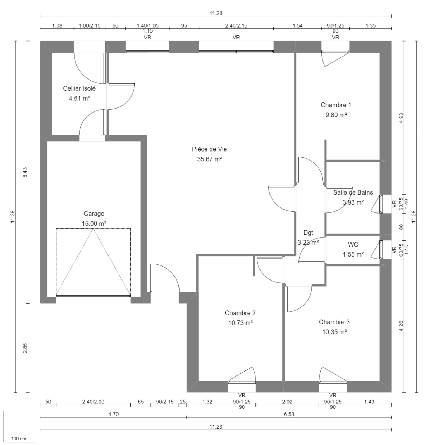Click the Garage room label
[94, 214]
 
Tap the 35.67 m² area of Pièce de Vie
[210, 159]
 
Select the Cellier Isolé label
[79, 88]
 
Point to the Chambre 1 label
[336, 105]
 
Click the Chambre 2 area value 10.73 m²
[240, 323]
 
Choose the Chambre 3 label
[334, 322]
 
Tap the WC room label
[353, 245]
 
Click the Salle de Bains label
[353, 192]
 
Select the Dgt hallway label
[308, 233]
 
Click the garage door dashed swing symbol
[93, 262]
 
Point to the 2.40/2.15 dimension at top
[236, 26]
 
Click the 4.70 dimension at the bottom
[113, 414]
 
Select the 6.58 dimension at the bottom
[289, 414]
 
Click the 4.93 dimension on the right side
[401, 118]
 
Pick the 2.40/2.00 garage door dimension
[93, 402]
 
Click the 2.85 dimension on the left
[25, 348]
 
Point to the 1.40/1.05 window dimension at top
[147, 26]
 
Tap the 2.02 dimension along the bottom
[287, 402]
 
